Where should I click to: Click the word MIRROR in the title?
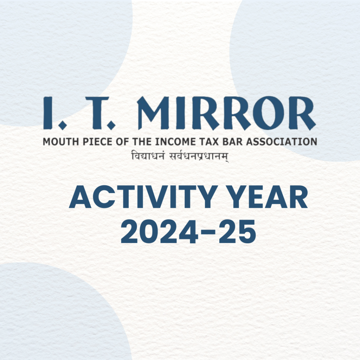227,113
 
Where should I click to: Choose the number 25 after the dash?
237,231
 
